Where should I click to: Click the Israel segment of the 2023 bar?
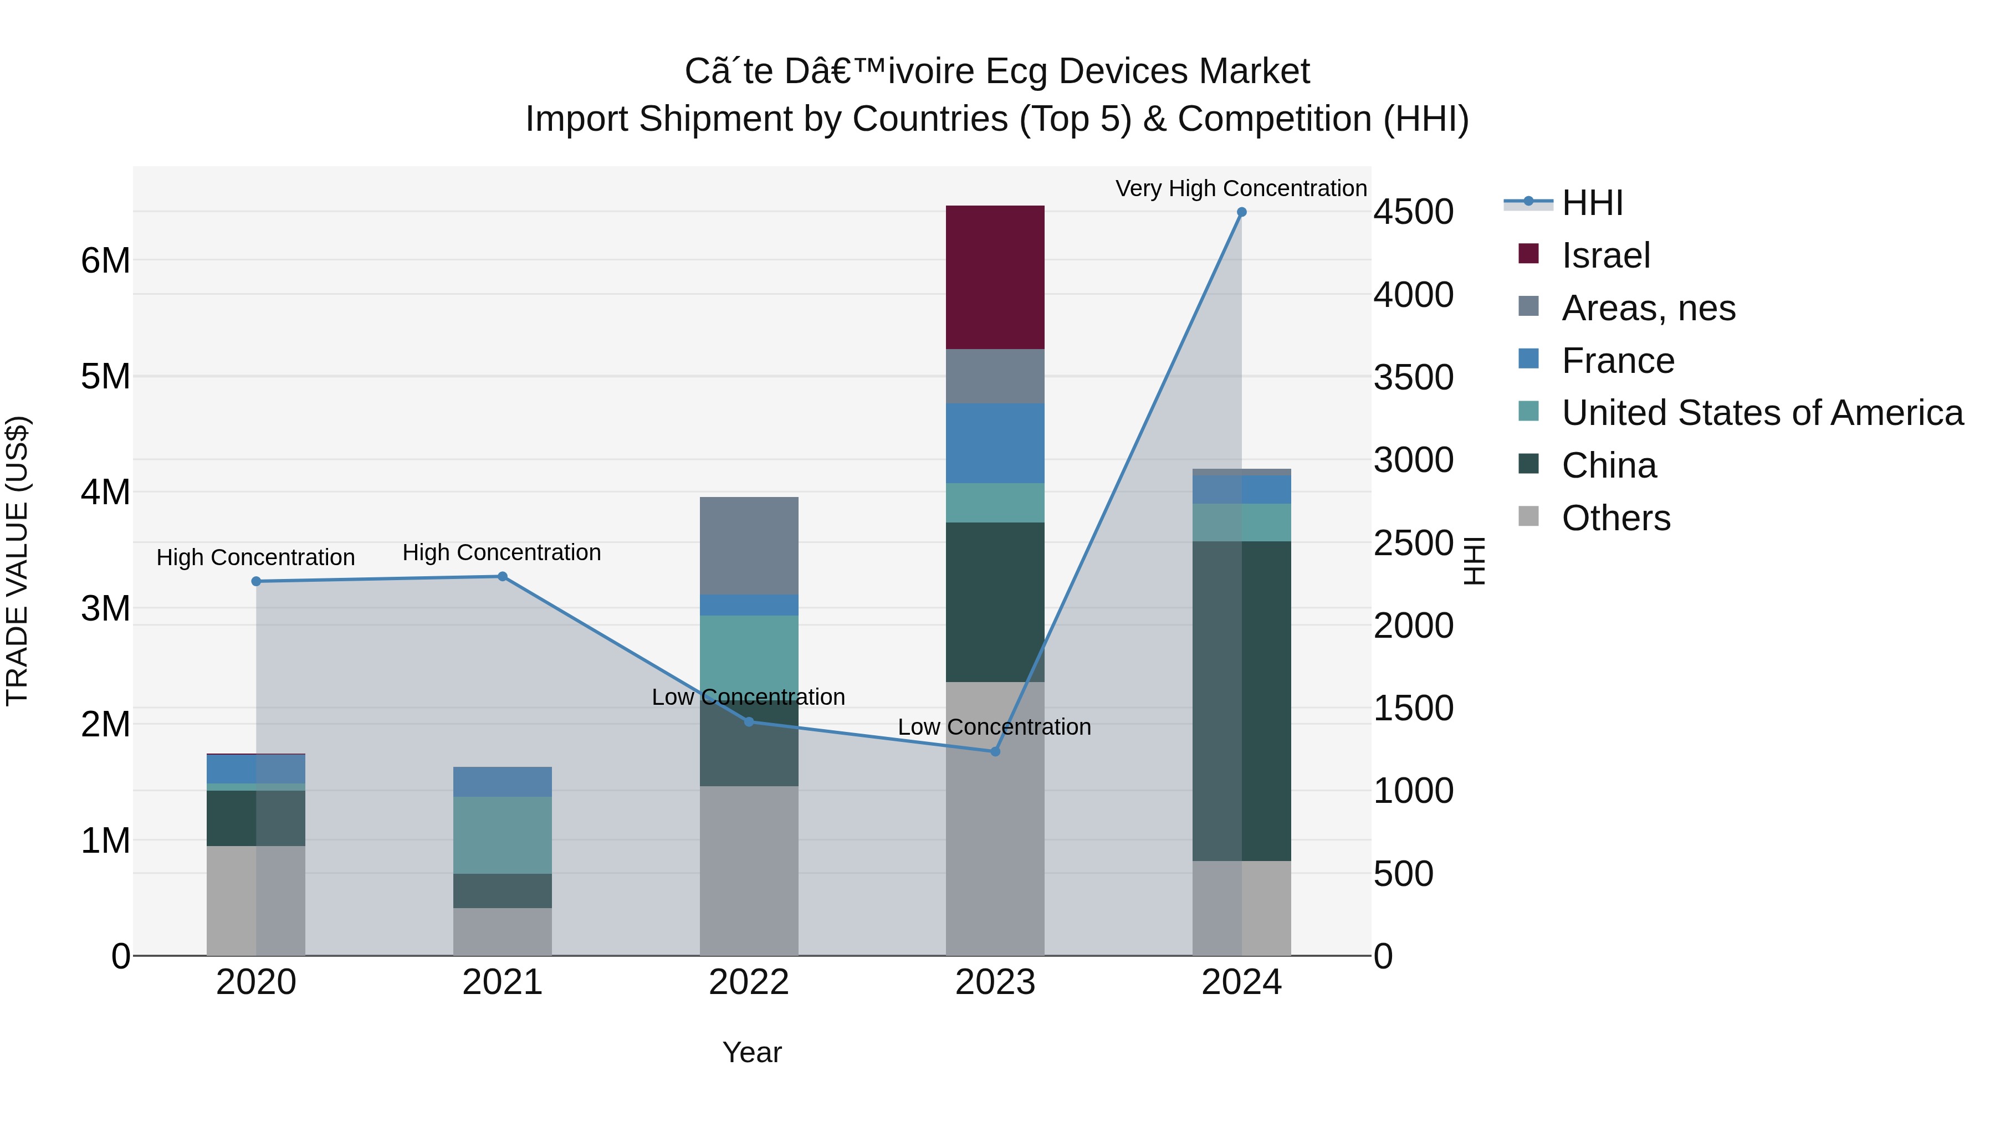995,277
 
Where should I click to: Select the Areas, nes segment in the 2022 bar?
749,545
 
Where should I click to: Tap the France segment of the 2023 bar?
995,443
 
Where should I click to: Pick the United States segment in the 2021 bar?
502,835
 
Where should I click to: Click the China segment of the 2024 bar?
1241,701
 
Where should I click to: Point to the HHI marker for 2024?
1241,212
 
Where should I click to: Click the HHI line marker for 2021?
502,576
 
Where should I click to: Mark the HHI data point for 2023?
995,751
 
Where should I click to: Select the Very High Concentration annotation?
1241,188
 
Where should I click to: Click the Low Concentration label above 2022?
748,697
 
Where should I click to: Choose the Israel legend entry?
1605,255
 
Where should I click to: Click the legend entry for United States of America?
1762,413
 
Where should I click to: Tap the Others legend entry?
1615,518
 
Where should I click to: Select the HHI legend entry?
1592,203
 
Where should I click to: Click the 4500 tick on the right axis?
1413,212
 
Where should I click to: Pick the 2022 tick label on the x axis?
749,982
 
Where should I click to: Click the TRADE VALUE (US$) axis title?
17,561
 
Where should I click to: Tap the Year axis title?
751,1052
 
